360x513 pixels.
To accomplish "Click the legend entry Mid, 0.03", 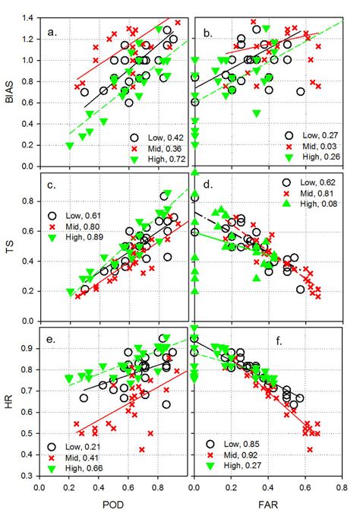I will [x=311, y=144].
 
